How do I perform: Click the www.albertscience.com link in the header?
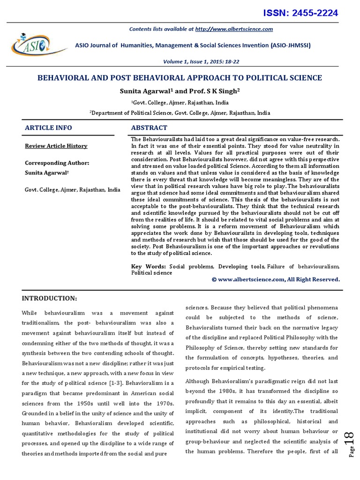point(234,29)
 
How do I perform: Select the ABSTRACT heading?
point(149,127)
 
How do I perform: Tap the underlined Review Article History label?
point(56,146)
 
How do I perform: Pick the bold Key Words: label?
point(149,266)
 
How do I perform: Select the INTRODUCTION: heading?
point(49,298)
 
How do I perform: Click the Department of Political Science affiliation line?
point(180,113)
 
